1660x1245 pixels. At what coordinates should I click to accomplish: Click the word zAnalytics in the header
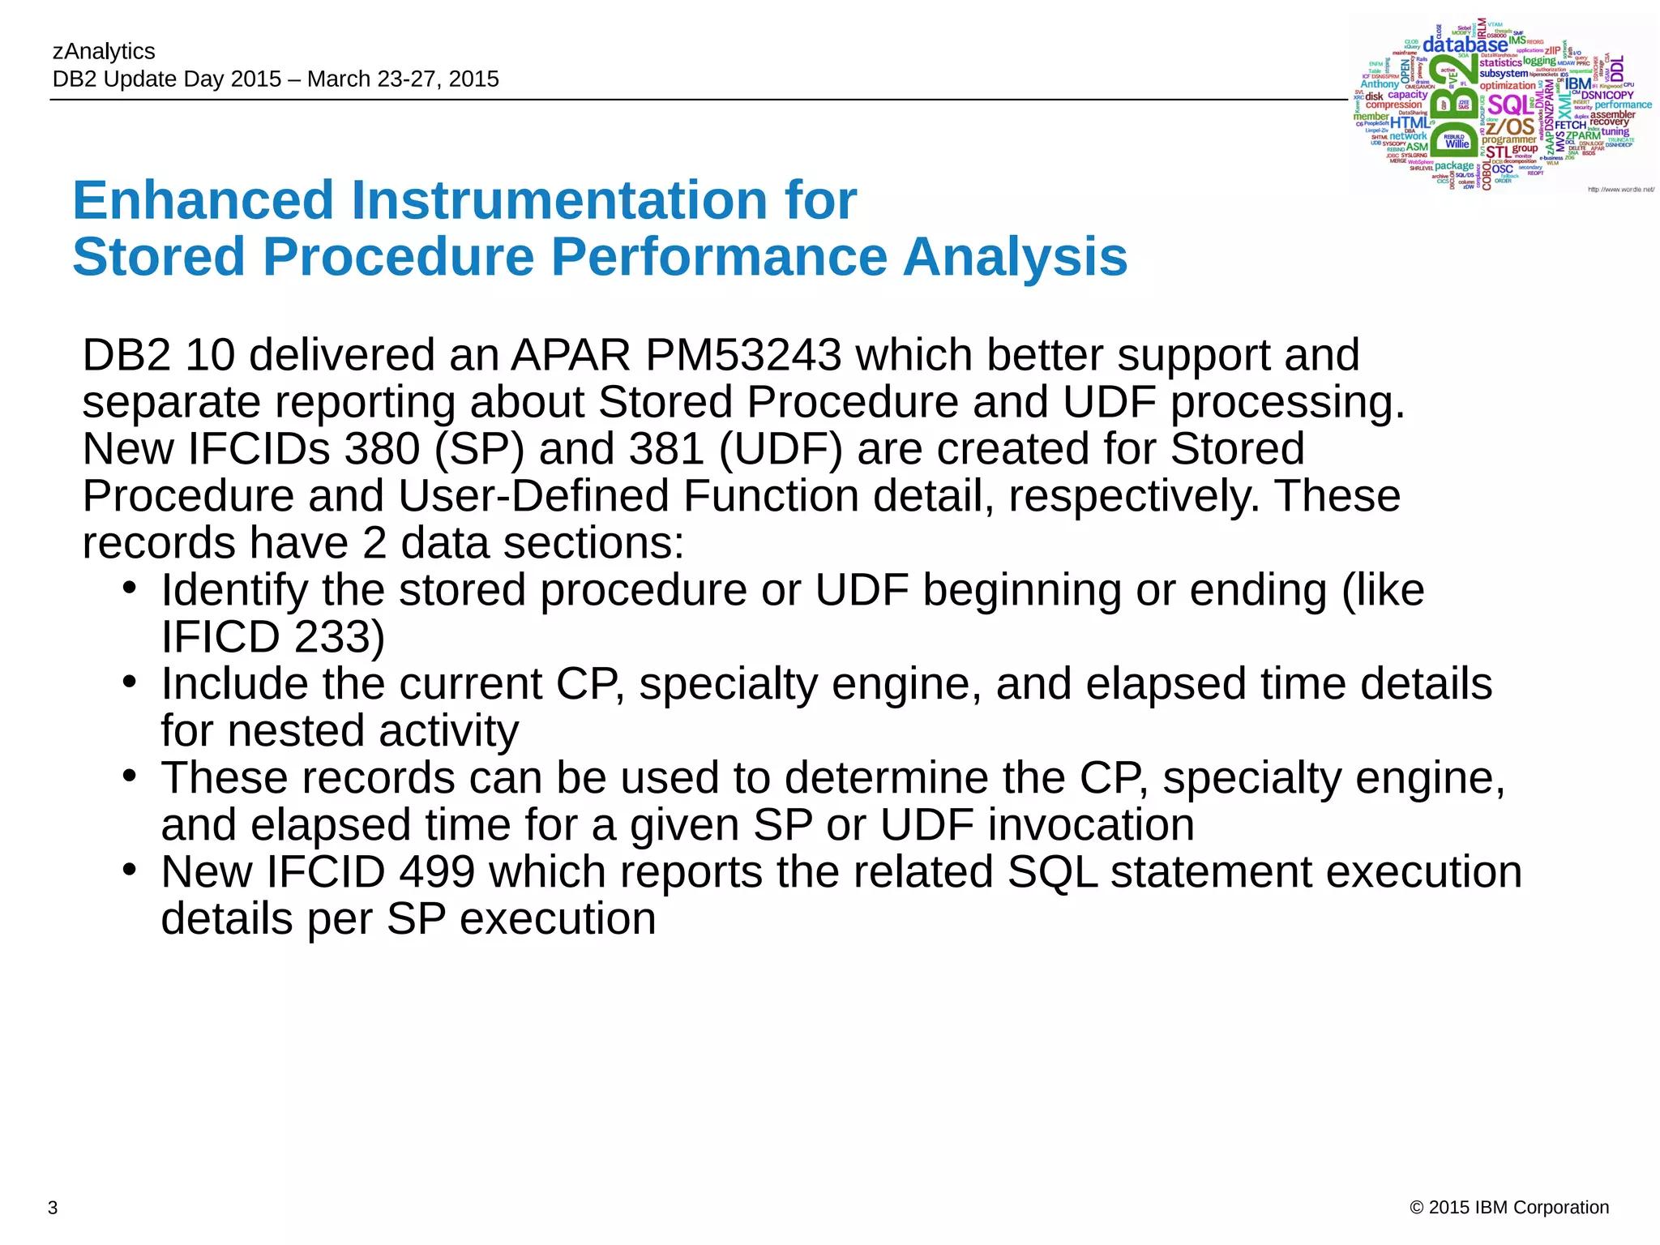pos(104,51)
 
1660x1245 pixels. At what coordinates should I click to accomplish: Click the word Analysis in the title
pos(1015,257)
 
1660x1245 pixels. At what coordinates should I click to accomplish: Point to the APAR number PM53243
pos(743,355)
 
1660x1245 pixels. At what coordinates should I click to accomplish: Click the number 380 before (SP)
pos(382,449)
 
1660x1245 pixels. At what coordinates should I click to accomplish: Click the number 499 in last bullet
pos(437,872)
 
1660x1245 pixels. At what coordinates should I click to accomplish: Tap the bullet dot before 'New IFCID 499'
pos(129,869)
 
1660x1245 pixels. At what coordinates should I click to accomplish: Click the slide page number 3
pos(53,1208)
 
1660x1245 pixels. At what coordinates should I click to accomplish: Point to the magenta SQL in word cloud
pos(1509,105)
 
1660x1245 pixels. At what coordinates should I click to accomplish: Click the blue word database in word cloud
pos(1465,45)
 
